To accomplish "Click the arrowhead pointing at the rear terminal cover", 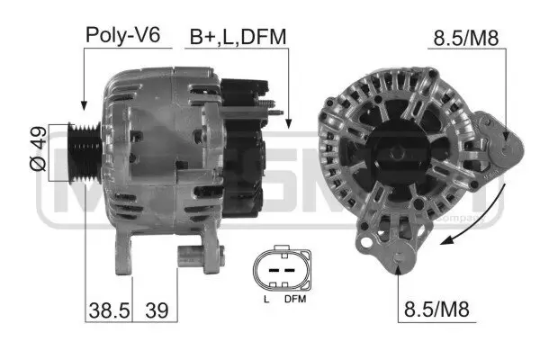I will point(288,123).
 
